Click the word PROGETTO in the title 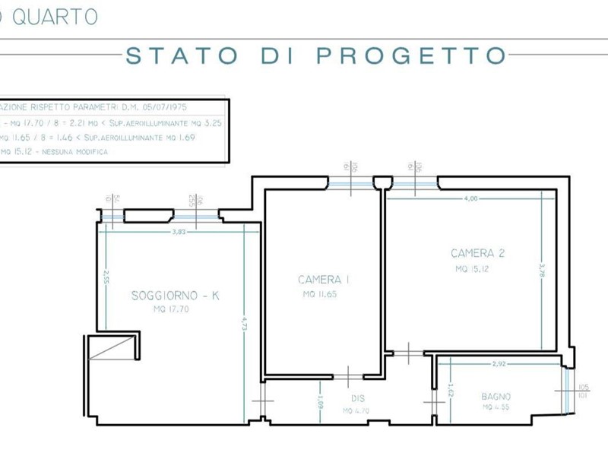tap(410, 55)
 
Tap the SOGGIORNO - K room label tap(175, 296)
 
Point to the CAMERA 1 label tap(324, 280)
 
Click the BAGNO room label tap(496, 397)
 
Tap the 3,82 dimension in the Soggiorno tap(179, 232)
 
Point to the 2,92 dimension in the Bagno tap(499, 365)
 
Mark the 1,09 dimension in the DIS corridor tap(321, 399)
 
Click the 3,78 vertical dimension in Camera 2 tap(542, 271)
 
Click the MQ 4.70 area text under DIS tap(356, 410)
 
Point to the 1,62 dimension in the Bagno tap(451, 394)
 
